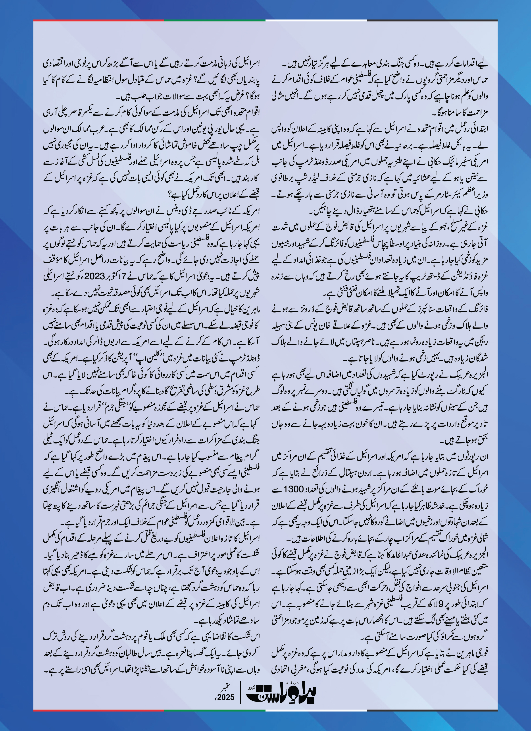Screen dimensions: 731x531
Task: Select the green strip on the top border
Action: click(x=214, y=20)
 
